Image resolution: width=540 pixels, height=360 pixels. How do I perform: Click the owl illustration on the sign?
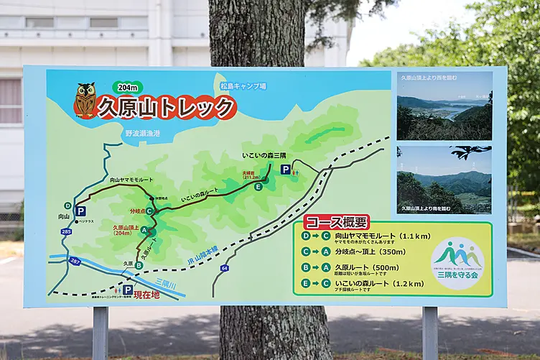85,100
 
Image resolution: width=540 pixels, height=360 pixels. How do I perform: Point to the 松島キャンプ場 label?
243,86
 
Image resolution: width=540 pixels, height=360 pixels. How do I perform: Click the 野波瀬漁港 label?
142,133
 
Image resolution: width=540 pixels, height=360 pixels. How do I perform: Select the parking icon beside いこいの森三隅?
286,170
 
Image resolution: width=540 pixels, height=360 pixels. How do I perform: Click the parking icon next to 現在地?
128,290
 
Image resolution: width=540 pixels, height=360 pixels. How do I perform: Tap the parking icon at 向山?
80,211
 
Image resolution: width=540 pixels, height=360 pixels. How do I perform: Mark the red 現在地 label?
146,295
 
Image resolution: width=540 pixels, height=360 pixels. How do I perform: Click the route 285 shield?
66,231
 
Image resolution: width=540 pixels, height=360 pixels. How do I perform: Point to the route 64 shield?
224,268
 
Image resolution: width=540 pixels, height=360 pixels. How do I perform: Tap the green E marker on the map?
258,187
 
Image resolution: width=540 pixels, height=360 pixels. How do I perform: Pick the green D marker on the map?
67,206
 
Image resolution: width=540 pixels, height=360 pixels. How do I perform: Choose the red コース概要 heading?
336,223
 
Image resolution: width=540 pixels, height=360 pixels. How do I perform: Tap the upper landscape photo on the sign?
444,105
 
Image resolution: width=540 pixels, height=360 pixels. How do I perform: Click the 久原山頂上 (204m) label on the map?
126,229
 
